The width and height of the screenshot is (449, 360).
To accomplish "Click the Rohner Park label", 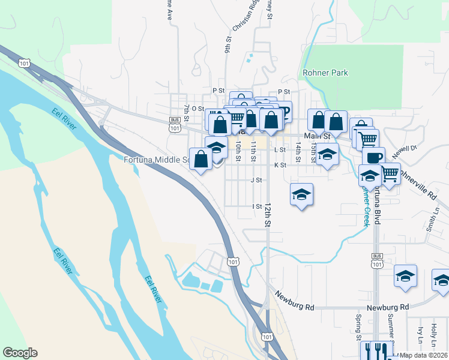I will (x=325, y=73).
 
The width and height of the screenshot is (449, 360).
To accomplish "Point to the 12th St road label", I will (x=267, y=214).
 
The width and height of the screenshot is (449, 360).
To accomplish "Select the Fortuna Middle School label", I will (x=157, y=160).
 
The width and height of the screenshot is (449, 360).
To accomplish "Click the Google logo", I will (x=20, y=353).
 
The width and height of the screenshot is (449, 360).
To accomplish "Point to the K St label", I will (x=280, y=165).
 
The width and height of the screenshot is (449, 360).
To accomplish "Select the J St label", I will (x=256, y=179).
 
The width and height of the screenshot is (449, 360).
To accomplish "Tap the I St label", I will (x=257, y=206).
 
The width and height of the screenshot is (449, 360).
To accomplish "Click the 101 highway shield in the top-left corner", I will (x=24, y=62).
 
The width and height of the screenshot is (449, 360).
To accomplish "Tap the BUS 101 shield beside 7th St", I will (x=175, y=124).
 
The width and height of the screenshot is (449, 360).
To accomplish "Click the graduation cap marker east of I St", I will (x=302, y=194).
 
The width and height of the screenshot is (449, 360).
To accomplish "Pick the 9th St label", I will (x=228, y=46).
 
